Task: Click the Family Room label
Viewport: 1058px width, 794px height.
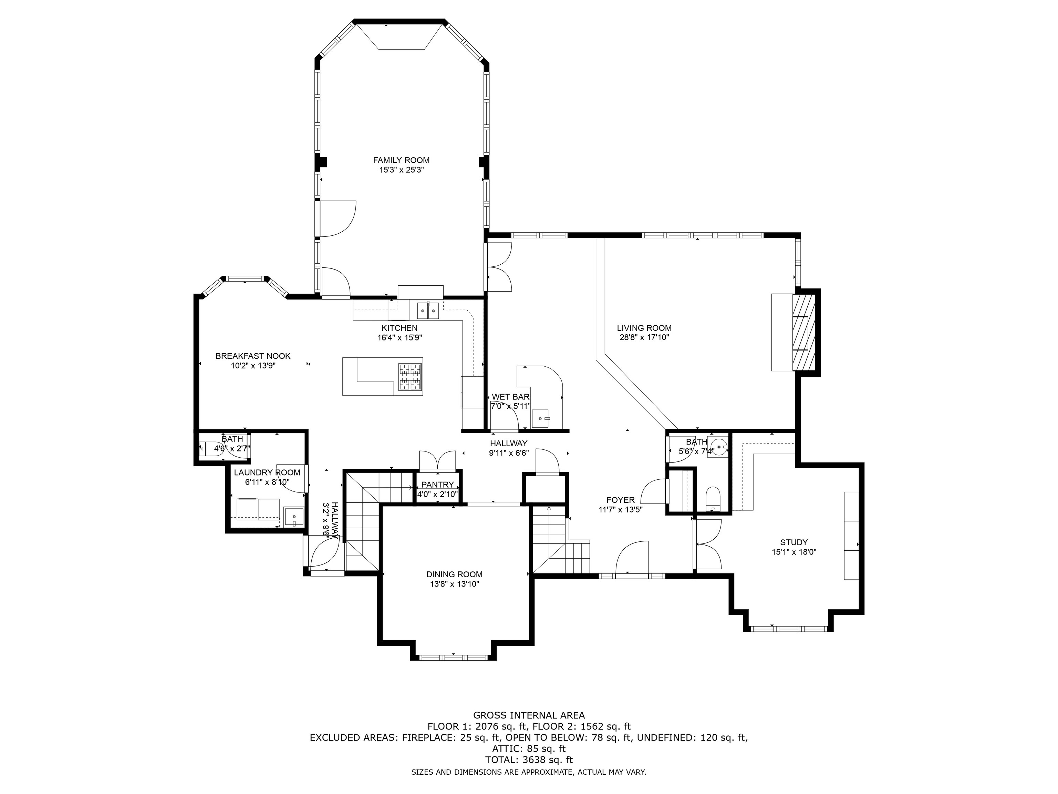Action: (401, 160)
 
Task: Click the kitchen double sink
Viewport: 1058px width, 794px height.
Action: (428, 310)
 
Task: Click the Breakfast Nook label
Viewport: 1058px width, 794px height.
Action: (253, 356)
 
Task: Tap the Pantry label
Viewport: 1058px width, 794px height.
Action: (437, 485)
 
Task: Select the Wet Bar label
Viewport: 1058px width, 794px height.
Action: (510, 397)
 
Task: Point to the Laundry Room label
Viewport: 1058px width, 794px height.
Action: (267, 472)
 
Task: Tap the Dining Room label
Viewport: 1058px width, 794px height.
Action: (454, 574)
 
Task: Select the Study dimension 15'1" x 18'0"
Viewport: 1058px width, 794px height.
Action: (794, 552)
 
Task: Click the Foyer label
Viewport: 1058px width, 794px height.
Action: (620, 500)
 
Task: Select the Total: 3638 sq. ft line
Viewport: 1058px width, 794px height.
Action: (529, 760)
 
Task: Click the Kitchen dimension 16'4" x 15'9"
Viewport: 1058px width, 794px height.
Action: (400, 337)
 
